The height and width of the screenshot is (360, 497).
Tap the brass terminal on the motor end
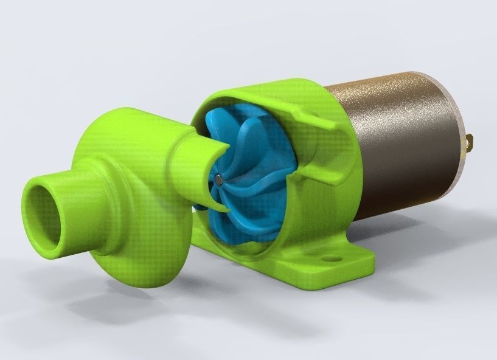pos(470,142)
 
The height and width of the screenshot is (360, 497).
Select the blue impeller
pos(243,158)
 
